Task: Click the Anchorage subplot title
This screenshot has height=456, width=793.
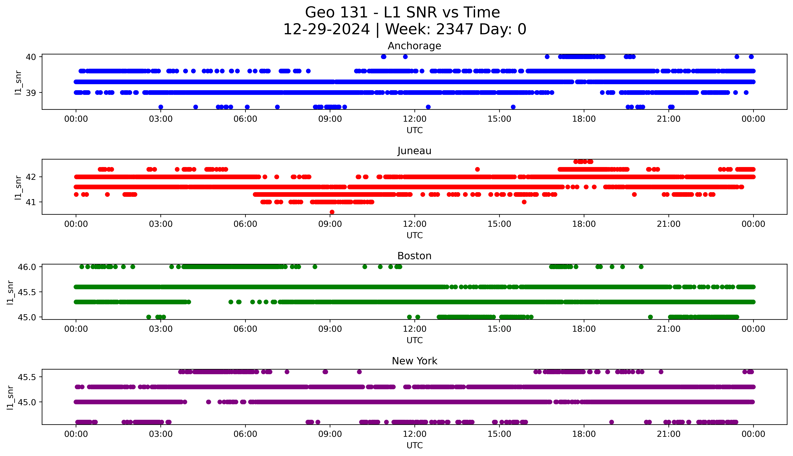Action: (x=414, y=46)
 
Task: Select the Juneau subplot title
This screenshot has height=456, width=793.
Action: (x=414, y=151)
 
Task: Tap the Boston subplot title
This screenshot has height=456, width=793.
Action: (x=414, y=256)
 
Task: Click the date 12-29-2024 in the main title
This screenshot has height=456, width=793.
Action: (x=326, y=29)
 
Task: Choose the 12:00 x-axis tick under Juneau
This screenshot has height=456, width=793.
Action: (x=414, y=224)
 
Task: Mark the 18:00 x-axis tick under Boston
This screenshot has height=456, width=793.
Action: (x=584, y=329)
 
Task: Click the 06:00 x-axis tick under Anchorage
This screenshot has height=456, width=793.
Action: (x=245, y=119)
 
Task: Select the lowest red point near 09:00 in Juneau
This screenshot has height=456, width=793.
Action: (x=332, y=212)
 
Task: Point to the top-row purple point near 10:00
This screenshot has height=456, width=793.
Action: (x=359, y=372)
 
